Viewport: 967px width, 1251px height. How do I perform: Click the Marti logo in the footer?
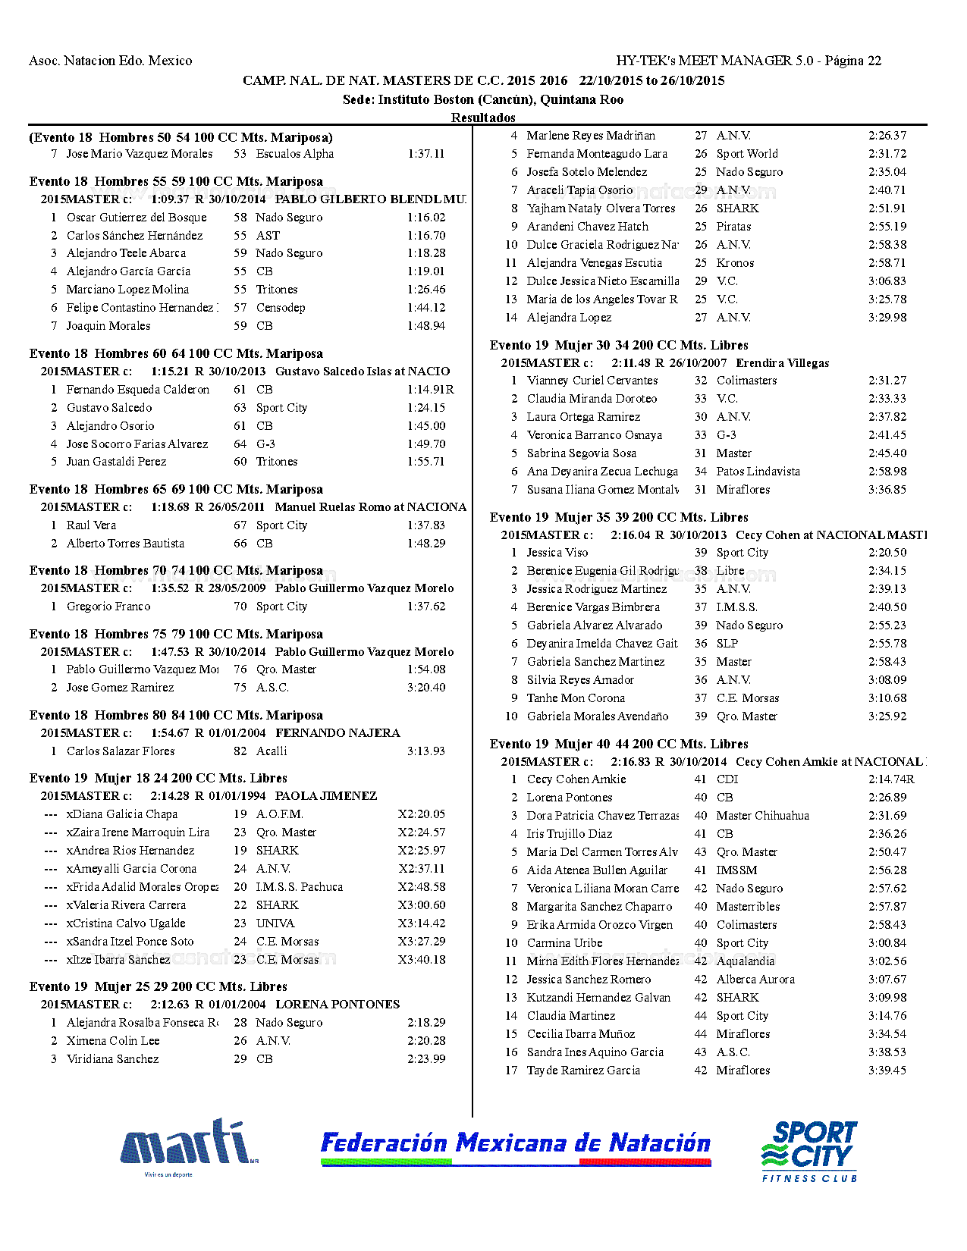click(x=188, y=1145)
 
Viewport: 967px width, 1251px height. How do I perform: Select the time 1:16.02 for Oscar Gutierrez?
click(x=426, y=218)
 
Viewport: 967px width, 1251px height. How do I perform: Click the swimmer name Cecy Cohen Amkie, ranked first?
click(x=576, y=779)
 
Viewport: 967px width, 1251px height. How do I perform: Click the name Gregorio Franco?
click(x=108, y=607)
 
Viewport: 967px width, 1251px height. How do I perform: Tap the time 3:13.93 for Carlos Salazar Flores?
click(x=426, y=751)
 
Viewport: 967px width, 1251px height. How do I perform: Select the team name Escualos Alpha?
click(x=295, y=154)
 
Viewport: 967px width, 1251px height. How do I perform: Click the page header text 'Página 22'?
click(x=852, y=61)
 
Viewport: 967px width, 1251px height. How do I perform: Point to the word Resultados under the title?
click(x=483, y=118)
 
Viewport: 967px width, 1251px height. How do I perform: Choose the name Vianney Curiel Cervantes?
click(x=592, y=381)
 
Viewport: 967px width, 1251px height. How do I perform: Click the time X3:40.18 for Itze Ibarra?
click(x=422, y=960)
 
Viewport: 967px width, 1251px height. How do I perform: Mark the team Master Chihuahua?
click(x=762, y=816)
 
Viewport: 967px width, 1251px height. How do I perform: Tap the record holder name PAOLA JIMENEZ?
click(x=326, y=796)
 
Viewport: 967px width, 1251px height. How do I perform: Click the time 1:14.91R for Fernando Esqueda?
click(x=430, y=390)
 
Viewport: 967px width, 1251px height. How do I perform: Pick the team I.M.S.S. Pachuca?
click(x=299, y=887)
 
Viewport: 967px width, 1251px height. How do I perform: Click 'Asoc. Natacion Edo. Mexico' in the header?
click(x=111, y=61)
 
